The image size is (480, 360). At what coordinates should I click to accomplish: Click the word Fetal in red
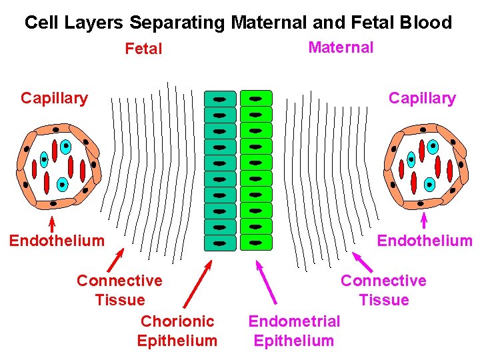pyautogui.click(x=143, y=49)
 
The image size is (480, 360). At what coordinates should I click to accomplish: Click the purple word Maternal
pyautogui.click(x=341, y=47)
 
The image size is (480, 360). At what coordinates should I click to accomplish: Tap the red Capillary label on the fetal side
pyautogui.click(x=54, y=99)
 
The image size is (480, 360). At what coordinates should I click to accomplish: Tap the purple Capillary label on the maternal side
pyautogui.click(x=422, y=99)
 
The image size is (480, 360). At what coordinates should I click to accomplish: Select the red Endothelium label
pyautogui.click(x=57, y=241)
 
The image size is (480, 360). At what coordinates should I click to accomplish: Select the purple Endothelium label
pyautogui.click(x=425, y=241)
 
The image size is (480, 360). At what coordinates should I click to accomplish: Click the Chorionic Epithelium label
pyautogui.click(x=177, y=331)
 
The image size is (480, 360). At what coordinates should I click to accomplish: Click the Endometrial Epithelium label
pyautogui.click(x=294, y=331)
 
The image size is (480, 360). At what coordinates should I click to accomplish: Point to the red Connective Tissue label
pyautogui.click(x=119, y=290)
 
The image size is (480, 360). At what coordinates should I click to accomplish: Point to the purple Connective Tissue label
pyautogui.click(x=383, y=290)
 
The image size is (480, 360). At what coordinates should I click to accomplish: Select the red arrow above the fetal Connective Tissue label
pyautogui.click(x=115, y=261)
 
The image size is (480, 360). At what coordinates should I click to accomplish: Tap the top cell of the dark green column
pyautogui.click(x=220, y=99)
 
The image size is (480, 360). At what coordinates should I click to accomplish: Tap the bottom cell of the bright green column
pyautogui.click(x=256, y=242)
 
